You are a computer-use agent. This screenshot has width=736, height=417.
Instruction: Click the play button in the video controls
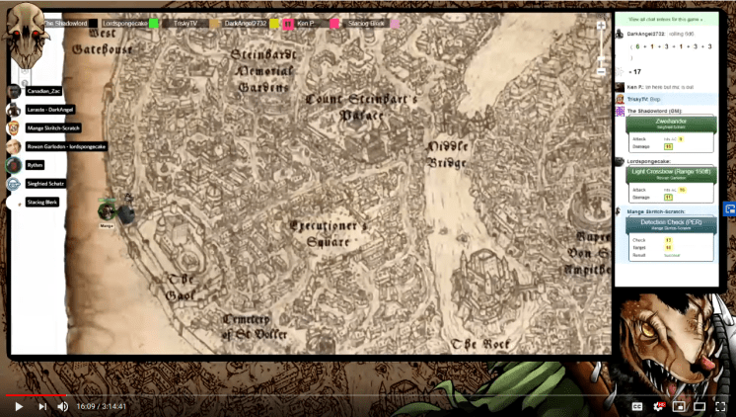point(18,405)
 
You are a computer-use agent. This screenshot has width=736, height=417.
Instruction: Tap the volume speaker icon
point(63,405)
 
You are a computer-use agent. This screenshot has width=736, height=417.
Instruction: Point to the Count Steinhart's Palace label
point(361,107)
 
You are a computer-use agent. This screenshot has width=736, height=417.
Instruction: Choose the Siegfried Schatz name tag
point(47,184)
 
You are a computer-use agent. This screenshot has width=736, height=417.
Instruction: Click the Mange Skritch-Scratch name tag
point(54,128)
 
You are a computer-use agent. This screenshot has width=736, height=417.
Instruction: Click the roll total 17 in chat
point(635,71)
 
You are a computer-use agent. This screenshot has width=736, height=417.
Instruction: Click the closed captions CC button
point(637,405)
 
